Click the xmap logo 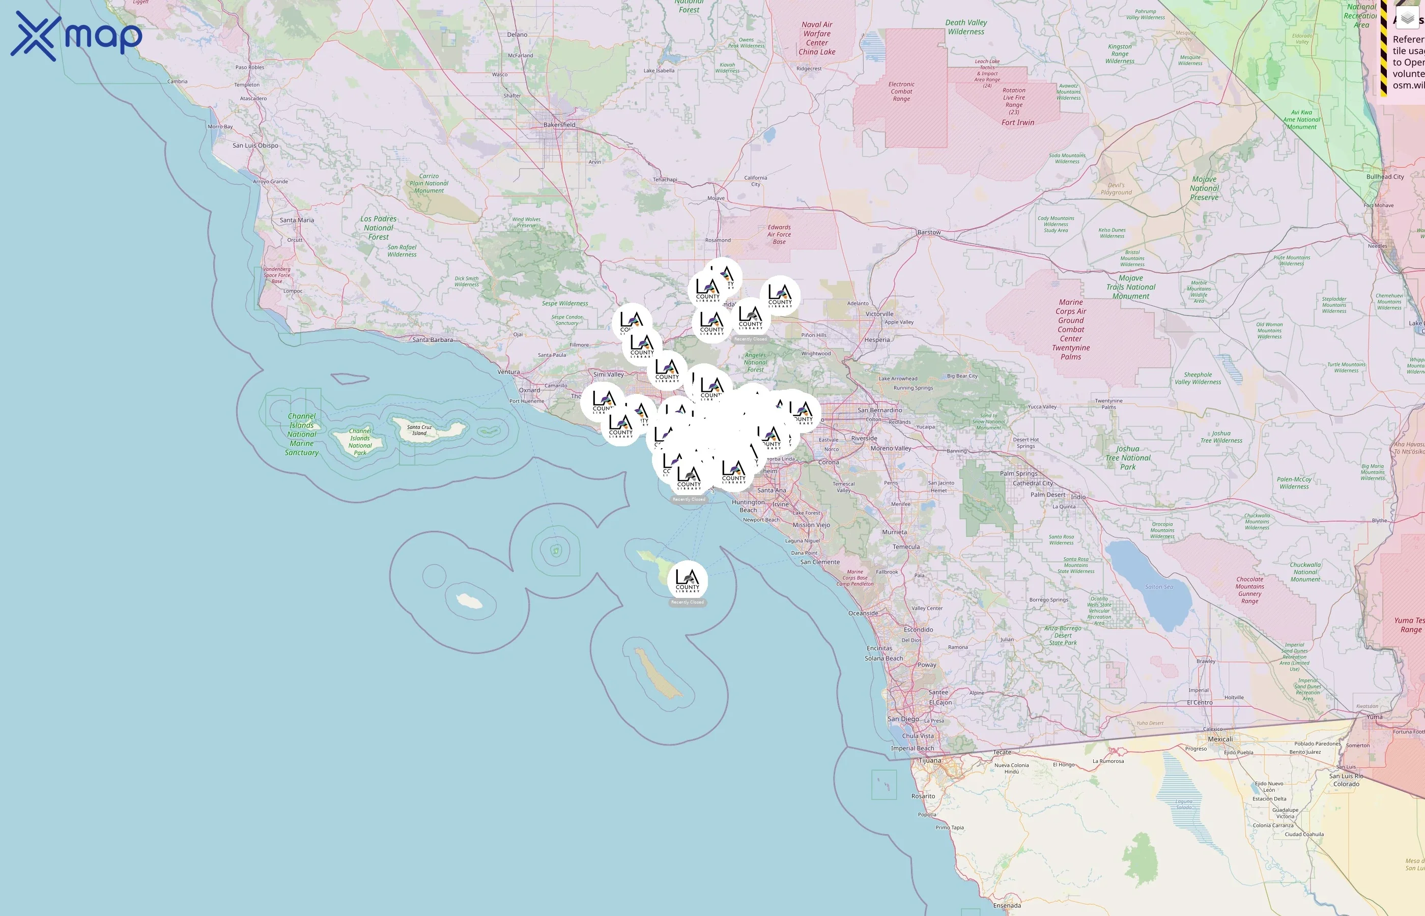tap(76, 36)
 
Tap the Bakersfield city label tap(559, 125)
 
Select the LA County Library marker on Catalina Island tap(688, 581)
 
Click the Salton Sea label tap(1159, 586)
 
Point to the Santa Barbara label tap(433, 339)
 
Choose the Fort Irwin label tap(1017, 123)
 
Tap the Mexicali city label tap(1220, 739)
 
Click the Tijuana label tap(930, 760)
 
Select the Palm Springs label tap(1018, 473)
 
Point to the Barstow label tap(928, 232)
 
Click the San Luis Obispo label tap(255, 145)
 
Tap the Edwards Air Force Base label tap(779, 235)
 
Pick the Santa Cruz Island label tap(419, 430)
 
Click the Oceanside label tap(863, 613)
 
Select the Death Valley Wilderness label tap(966, 27)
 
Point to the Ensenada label tap(1007, 906)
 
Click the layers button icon tap(1407, 19)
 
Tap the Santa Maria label tap(297, 220)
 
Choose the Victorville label tap(879, 314)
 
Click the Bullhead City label tap(1385, 177)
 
